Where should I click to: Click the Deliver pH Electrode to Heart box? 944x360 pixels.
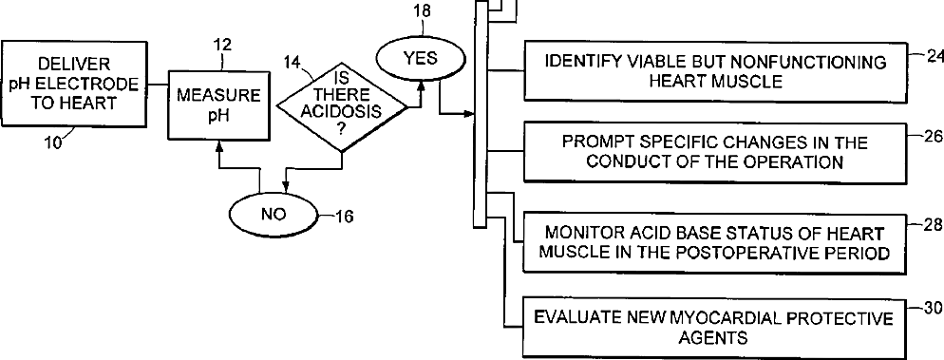coord(75,84)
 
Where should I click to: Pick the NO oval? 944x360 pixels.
coord(274,215)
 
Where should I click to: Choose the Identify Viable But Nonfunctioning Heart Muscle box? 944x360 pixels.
coord(714,71)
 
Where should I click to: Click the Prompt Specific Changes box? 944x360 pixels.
coord(714,152)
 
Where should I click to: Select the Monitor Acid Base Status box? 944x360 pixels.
coord(714,242)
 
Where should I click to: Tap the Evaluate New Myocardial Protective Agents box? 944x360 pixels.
coord(714,327)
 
